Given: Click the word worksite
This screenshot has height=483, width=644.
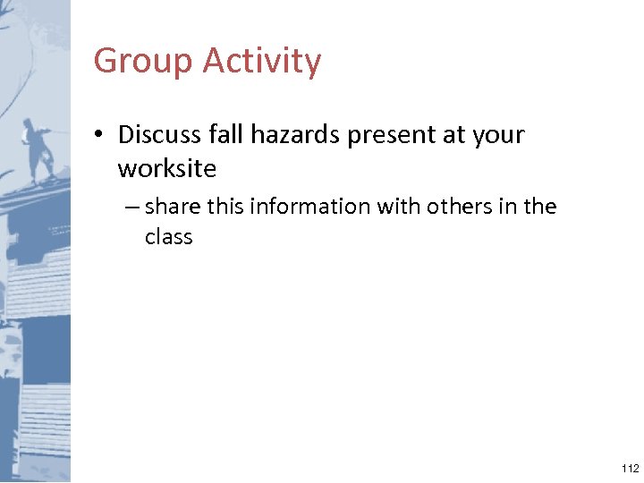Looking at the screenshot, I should click(166, 168).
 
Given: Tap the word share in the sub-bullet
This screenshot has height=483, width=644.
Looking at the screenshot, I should click(173, 207).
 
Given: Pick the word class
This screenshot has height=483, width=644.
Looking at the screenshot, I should click(168, 237).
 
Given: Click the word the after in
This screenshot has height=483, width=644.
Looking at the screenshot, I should click(540, 207).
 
